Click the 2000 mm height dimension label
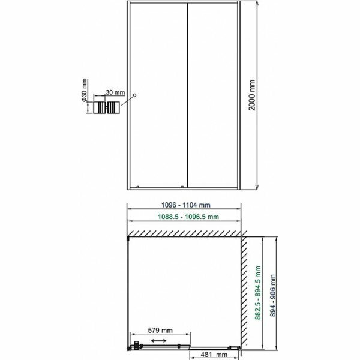[252, 95]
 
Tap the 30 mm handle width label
[115, 92]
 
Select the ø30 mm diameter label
[84, 90]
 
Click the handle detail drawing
[106, 107]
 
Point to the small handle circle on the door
[135, 95]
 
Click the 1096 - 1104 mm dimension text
[186, 205]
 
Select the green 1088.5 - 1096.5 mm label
[188, 217]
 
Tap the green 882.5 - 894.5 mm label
[258, 293]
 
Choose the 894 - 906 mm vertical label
[272, 295]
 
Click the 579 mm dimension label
[160, 331]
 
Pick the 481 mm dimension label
[214, 355]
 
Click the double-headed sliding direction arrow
[159, 341]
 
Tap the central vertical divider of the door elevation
[188, 95]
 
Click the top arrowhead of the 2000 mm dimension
[257, 3]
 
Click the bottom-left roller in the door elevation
[137, 187]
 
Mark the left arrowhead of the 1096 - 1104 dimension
[130, 209]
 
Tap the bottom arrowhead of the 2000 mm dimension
[257, 187]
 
